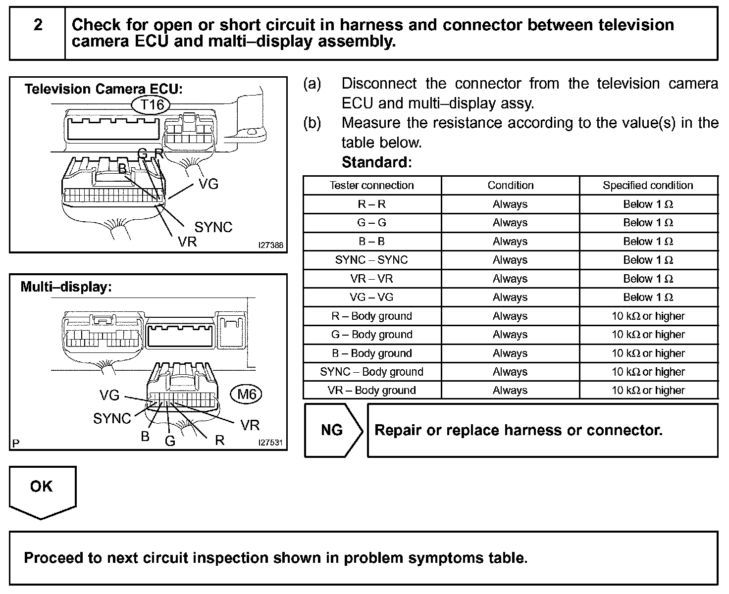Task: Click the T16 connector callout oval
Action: [152, 104]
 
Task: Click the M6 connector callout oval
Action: [247, 394]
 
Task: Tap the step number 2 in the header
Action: [38, 25]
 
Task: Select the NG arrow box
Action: [332, 430]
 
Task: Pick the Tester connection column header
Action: [371, 185]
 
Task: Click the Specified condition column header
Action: [648, 185]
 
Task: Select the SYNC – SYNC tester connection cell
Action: [371, 260]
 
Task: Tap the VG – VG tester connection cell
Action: [371, 297]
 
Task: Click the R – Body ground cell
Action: [371, 316]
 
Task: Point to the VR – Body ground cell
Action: [371, 390]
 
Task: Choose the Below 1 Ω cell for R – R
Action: [648, 204]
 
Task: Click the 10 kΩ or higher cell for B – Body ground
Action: [648, 353]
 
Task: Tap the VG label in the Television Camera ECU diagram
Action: [208, 184]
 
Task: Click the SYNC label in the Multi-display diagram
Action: [112, 418]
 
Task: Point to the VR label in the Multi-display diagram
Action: [250, 425]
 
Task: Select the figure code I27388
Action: [271, 245]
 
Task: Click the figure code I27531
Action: [271, 443]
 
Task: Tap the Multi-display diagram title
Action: [66, 287]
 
